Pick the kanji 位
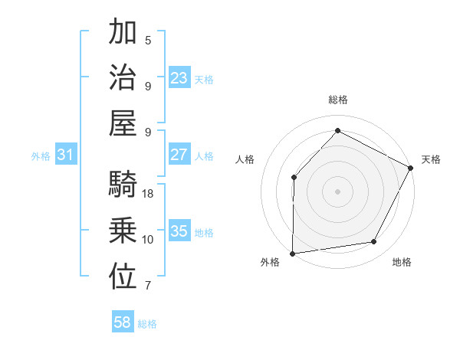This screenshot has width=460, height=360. (123, 277)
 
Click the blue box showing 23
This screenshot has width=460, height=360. (179, 78)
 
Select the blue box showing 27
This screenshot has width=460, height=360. (179, 155)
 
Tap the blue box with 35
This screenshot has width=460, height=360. (179, 231)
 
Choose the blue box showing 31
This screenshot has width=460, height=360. (66, 155)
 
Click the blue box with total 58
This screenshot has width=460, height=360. (123, 322)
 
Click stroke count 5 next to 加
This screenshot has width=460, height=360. (148, 40)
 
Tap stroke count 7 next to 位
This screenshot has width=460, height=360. (148, 286)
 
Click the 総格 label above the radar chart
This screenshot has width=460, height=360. (337, 100)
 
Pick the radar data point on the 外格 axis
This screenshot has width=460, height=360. (292, 254)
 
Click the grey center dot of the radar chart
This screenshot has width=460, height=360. (337, 191)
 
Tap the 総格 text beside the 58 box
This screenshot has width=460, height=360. (147, 324)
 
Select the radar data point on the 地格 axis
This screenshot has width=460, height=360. (374, 242)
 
